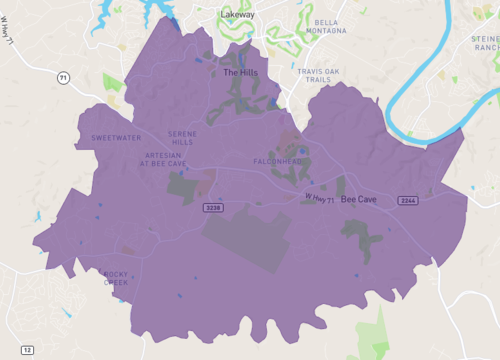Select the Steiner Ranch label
[x=485, y=42]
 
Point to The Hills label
[x=239, y=73]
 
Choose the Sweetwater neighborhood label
[x=116, y=137]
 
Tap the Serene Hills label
[x=182, y=138]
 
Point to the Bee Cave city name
[x=359, y=200]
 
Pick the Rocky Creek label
[x=116, y=278]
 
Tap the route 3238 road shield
[x=212, y=207]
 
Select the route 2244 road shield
[x=407, y=200]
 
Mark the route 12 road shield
[x=27, y=349]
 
